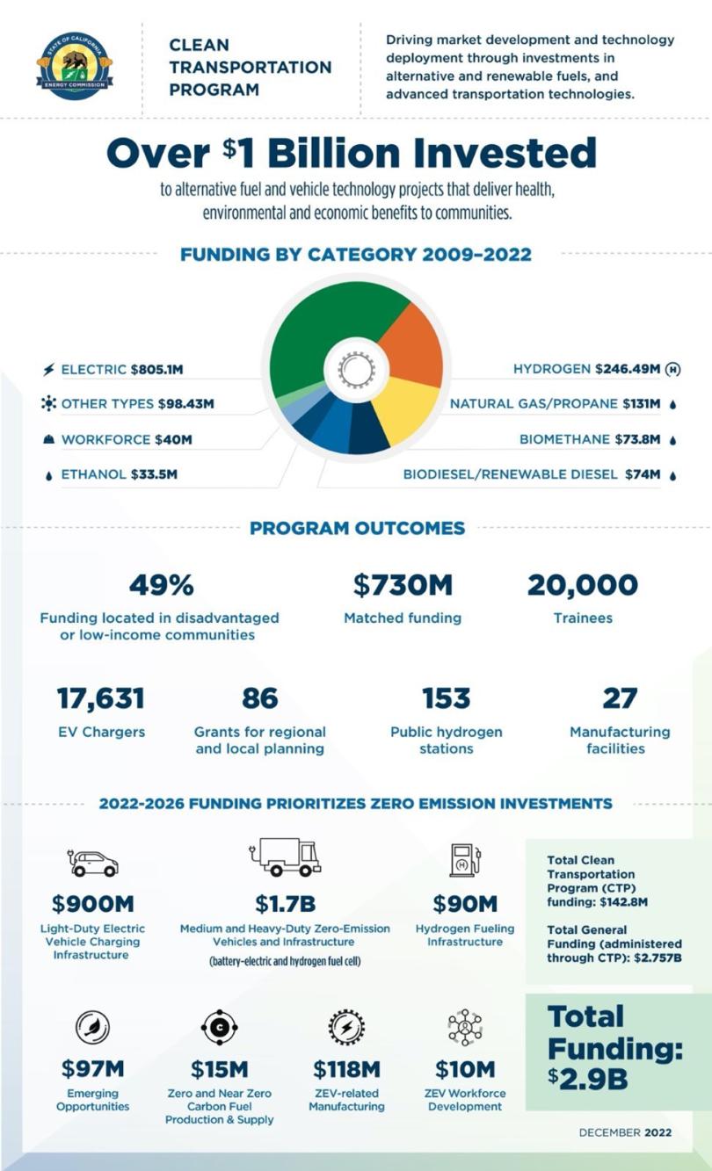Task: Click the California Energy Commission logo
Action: pos(74,65)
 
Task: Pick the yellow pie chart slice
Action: pos(403,408)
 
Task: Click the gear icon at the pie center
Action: pos(356,370)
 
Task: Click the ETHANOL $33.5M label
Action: pos(119,475)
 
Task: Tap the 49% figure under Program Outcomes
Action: pos(161,585)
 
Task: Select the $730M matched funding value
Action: pos(403,585)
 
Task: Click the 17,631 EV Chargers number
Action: pos(100,699)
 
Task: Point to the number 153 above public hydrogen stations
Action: pos(446,699)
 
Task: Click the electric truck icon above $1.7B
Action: pos(286,857)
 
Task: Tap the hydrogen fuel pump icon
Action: pos(463,859)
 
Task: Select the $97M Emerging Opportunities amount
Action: pos(92,1069)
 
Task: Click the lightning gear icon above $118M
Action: pos(346,1026)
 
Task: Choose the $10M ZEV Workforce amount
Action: pos(465,1069)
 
